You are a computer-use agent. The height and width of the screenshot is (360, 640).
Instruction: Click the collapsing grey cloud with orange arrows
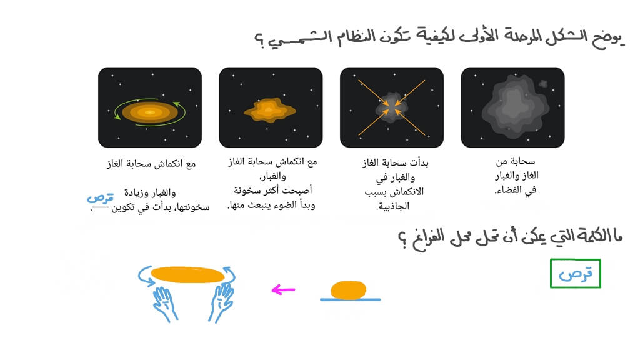tap(392, 107)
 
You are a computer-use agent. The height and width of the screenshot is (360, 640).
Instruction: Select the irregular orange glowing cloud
tap(270, 110)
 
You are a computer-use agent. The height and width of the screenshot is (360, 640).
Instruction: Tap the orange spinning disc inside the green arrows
tap(150, 112)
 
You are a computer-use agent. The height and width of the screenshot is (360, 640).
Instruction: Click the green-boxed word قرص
tap(576, 274)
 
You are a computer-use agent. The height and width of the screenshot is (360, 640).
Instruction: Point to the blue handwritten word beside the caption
tap(100, 198)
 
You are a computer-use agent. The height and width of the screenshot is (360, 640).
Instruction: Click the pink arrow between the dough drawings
tap(283, 290)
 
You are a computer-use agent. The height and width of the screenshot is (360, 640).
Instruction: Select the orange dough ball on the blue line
tap(349, 290)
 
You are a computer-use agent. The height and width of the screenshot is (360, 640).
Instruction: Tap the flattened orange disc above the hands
tap(187, 275)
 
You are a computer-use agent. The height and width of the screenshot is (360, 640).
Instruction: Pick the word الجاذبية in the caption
tap(392, 206)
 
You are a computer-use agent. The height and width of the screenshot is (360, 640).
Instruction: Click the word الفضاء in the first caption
tap(509, 190)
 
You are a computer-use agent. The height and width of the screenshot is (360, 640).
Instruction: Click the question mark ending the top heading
tap(259, 41)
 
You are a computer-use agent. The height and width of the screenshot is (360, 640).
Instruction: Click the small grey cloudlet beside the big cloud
tap(543, 84)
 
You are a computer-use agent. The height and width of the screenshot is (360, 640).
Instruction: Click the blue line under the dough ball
tap(350, 299)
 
